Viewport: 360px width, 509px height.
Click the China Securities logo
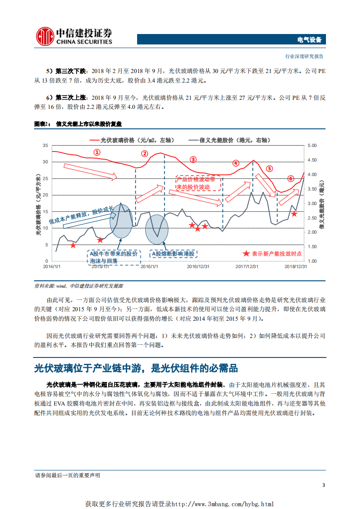(x=74, y=36)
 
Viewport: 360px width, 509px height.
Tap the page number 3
(x=323, y=485)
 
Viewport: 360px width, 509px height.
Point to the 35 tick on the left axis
(x=44, y=145)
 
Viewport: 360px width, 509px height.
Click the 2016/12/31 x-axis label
(x=198, y=266)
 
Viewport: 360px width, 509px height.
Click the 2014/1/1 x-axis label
(x=52, y=266)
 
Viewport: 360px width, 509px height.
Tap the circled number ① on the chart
(x=97, y=152)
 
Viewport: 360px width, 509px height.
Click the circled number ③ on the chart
(x=193, y=159)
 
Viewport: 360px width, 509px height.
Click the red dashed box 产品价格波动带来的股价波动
(x=198, y=184)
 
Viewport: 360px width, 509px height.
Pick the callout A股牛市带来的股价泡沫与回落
(x=113, y=257)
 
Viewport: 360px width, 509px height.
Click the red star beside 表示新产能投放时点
(x=246, y=254)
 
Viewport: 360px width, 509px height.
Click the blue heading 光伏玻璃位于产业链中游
(x=136, y=367)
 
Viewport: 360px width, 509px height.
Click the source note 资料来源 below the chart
(x=79, y=286)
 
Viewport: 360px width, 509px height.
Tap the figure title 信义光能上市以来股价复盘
(x=89, y=124)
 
